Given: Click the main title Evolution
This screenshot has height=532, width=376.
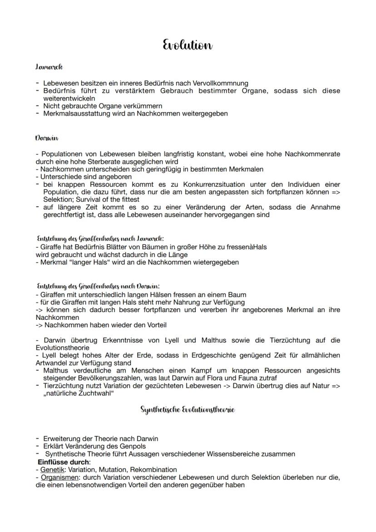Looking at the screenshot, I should [x=188, y=45].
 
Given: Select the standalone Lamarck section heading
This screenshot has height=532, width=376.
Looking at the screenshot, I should [x=49, y=67].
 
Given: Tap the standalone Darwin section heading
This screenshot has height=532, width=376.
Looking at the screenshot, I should [x=47, y=137].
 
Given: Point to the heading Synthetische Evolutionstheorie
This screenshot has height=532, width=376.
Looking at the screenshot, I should [x=188, y=409].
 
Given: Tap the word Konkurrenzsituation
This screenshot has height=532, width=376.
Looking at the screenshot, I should [x=215, y=184].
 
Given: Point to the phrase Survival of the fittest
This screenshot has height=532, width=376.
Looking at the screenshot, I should [x=103, y=199].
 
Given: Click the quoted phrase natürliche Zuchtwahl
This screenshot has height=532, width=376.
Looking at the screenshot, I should [x=79, y=393].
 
